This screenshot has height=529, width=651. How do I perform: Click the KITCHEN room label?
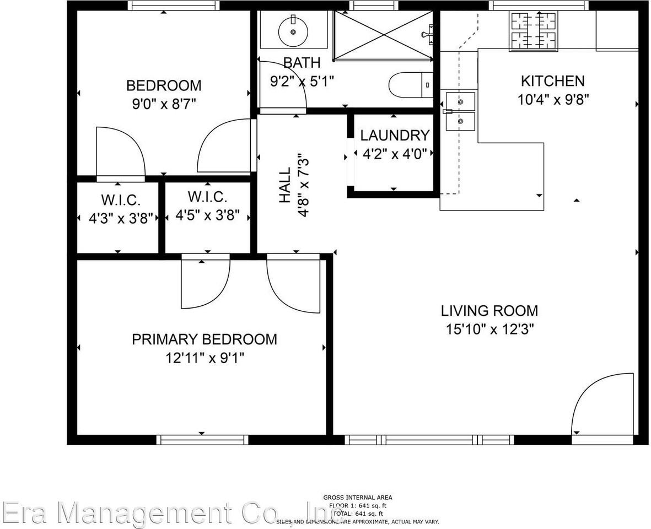point(552,81)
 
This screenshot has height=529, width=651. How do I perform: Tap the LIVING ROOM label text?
point(489,311)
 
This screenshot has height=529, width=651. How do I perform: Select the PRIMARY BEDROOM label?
point(204,339)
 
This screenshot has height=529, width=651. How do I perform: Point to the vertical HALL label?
point(285,186)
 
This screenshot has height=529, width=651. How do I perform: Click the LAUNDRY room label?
point(394,136)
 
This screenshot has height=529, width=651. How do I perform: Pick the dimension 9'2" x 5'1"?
point(302,80)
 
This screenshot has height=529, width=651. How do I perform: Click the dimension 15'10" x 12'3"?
point(490,330)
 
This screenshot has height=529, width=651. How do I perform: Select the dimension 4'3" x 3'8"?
point(120,218)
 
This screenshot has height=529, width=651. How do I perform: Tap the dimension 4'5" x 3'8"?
point(207,215)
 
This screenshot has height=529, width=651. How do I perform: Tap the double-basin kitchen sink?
point(460,111)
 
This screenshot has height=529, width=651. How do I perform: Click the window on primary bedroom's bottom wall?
point(202,440)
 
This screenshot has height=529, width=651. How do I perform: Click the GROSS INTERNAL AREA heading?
point(357,498)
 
